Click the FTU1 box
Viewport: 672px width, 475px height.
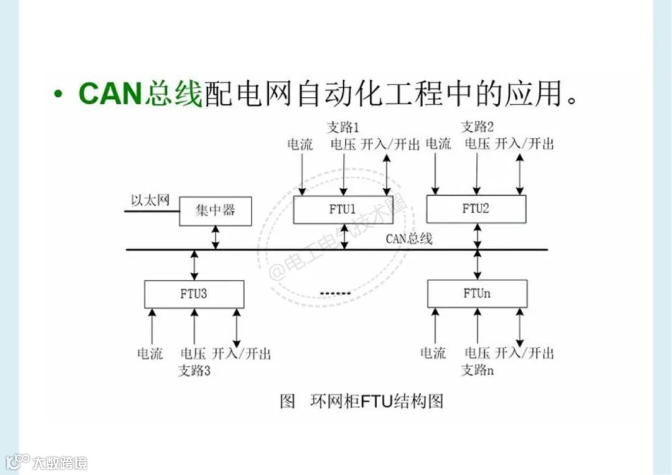tap(343, 210)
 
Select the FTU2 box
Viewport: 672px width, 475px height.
tap(476, 209)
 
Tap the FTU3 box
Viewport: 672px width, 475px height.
tap(194, 294)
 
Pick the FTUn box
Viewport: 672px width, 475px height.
tap(477, 293)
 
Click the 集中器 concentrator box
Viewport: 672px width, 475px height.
tap(215, 211)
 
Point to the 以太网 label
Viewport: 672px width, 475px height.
tap(150, 200)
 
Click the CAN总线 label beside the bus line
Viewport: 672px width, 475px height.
tap(409, 238)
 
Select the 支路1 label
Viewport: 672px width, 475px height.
tap(343, 127)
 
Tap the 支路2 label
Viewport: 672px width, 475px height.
tap(477, 127)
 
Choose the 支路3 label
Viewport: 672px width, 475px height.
tap(195, 371)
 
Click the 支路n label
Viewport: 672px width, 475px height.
tap(477, 371)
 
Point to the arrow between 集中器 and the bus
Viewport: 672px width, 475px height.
tap(215, 237)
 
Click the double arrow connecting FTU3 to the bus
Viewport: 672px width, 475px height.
tap(194, 265)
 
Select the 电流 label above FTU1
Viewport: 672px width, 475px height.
tap(300, 145)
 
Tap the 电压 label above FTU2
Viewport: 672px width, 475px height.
tap(477, 144)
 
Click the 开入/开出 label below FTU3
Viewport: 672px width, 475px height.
tap(241, 354)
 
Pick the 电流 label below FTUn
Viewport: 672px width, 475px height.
tap(433, 354)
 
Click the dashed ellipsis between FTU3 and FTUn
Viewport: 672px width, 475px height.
tap(335, 293)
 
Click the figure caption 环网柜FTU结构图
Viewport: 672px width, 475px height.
tap(376, 402)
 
